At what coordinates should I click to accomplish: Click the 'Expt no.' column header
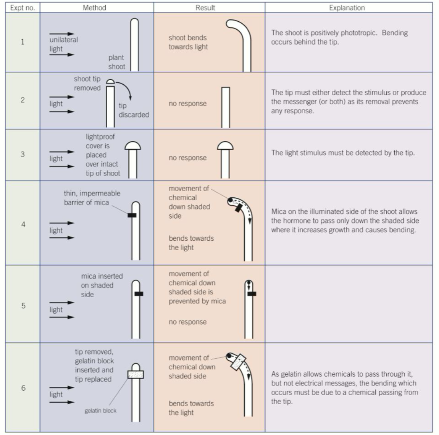[x=22, y=8]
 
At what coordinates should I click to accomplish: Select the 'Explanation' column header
[x=347, y=8]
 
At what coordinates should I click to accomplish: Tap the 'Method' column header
[x=94, y=8]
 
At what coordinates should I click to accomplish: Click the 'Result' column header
[x=205, y=8]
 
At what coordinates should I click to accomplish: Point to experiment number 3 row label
[x=23, y=154]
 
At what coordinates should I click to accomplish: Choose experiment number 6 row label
[x=23, y=388]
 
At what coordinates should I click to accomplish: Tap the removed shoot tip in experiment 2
[x=110, y=82]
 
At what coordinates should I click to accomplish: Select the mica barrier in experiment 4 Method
[x=132, y=215]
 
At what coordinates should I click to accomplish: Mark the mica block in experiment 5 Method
[x=139, y=294]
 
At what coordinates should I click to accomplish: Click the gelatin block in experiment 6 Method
[x=136, y=374]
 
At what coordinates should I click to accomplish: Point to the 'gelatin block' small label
[x=100, y=411]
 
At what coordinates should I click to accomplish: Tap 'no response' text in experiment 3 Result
[x=187, y=158]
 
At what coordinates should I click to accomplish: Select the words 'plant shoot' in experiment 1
[x=116, y=62]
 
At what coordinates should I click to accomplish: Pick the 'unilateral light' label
[x=63, y=44]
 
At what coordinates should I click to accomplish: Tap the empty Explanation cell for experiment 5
[x=349, y=304]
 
